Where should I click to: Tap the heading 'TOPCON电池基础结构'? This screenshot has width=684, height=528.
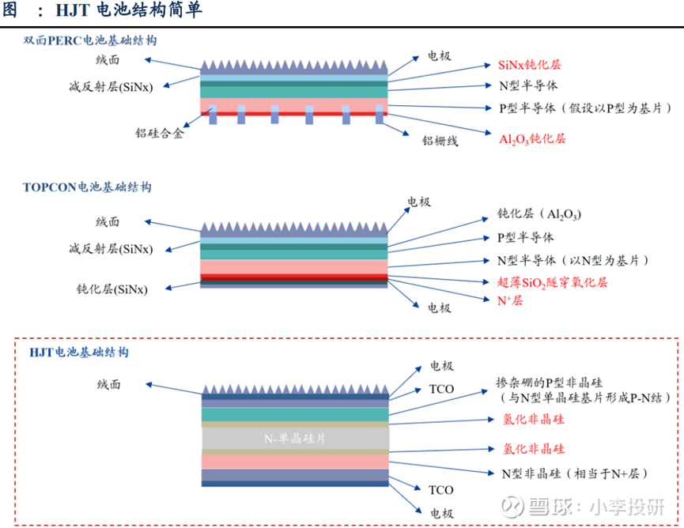click(x=87, y=187)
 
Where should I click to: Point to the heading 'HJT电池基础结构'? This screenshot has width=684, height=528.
click(x=78, y=352)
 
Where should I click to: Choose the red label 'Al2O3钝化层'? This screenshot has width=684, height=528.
click(x=532, y=139)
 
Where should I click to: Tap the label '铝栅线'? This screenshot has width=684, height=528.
click(x=440, y=141)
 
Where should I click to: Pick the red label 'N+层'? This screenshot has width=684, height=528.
click(x=510, y=300)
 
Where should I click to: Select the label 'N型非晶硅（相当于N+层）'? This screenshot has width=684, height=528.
click(x=575, y=473)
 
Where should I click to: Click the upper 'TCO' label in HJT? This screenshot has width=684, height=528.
click(x=441, y=390)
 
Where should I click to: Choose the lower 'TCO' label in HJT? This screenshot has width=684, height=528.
click(x=440, y=490)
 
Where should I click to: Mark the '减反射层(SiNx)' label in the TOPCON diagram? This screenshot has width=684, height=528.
click(x=111, y=249)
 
